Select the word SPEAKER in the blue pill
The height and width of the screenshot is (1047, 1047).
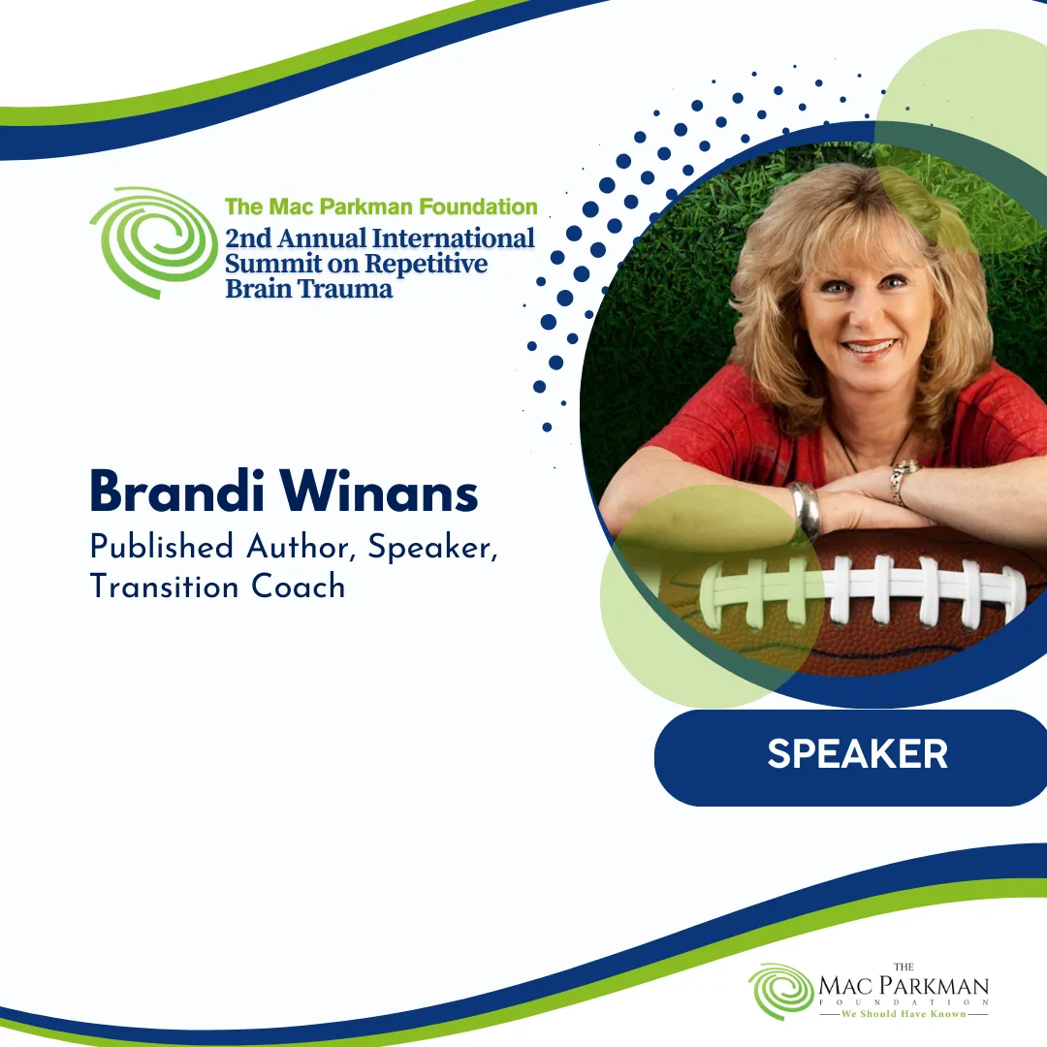click(857, 754)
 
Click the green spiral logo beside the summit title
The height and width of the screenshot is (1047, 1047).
click(153, 242)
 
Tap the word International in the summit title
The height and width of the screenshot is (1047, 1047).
click(454, 238)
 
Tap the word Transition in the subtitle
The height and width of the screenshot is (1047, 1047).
click(164, 587)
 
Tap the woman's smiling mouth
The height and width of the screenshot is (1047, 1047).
click(869, 348)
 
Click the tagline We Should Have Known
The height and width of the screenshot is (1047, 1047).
click(904, 1014)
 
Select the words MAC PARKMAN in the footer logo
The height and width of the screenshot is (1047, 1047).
click(904, 986)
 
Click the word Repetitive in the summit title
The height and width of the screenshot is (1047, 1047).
click(426, 264)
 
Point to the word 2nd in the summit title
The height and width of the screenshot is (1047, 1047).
click(248, 238)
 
